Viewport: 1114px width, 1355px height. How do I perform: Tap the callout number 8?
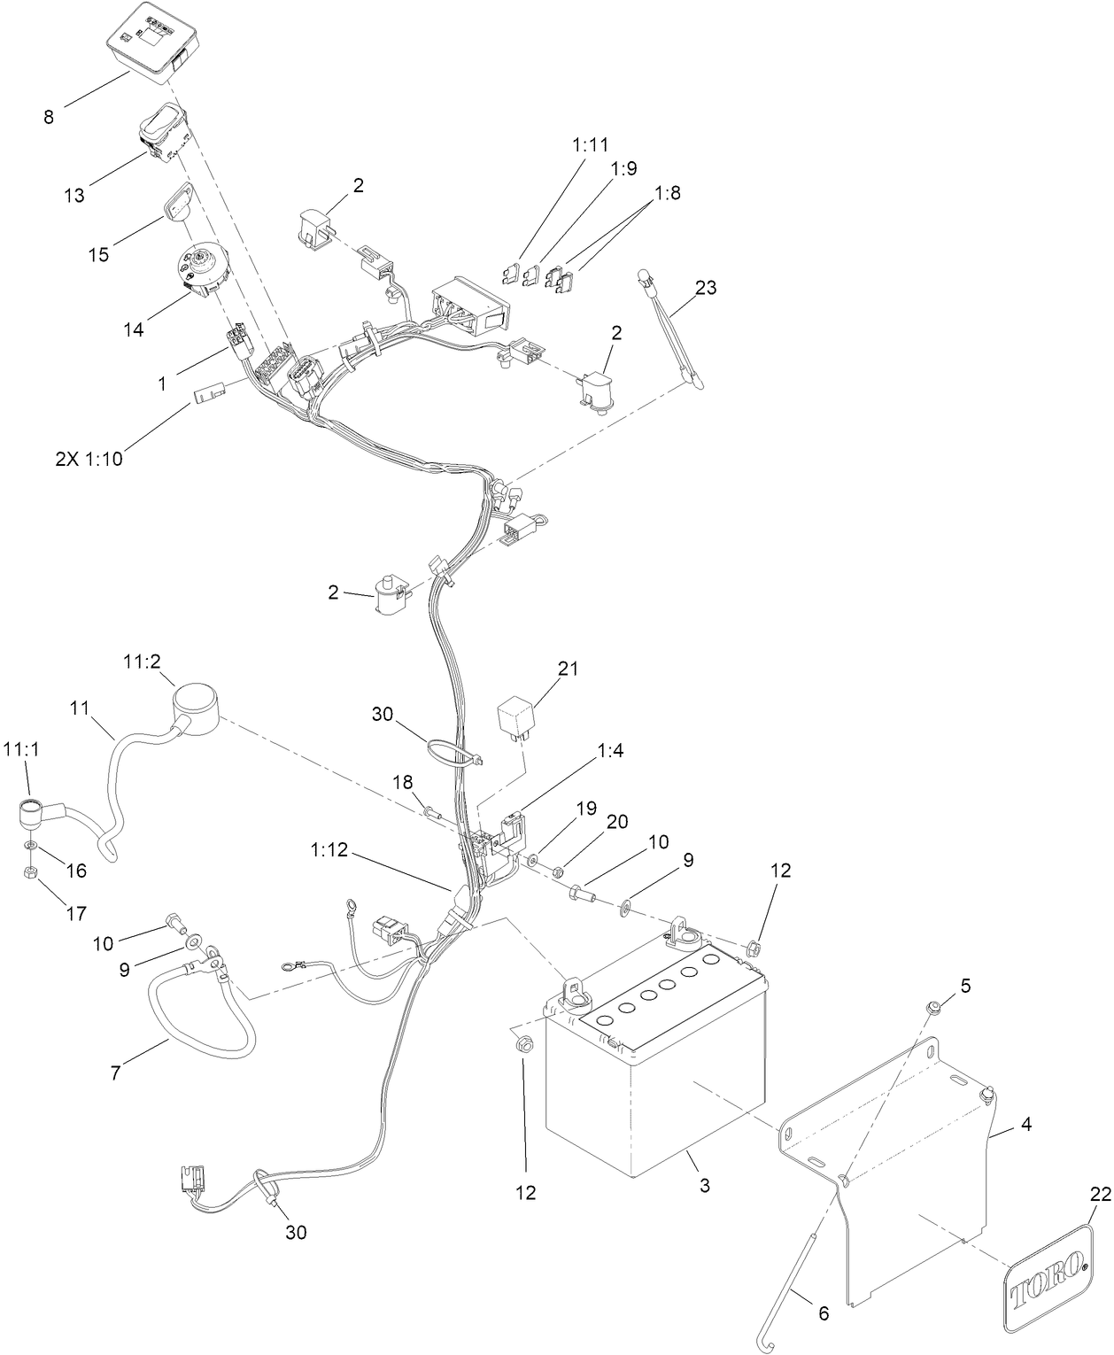(x=49, y=116)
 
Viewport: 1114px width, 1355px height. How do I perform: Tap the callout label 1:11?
(x=591, y=143)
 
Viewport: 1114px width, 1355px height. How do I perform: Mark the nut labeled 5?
(x=934, y=1007)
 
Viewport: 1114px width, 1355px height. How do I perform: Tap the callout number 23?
(x=705, y=288)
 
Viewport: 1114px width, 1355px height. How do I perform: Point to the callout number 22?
(x=1099, y=1195)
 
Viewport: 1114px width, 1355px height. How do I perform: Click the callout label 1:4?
(x=609, y=752)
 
